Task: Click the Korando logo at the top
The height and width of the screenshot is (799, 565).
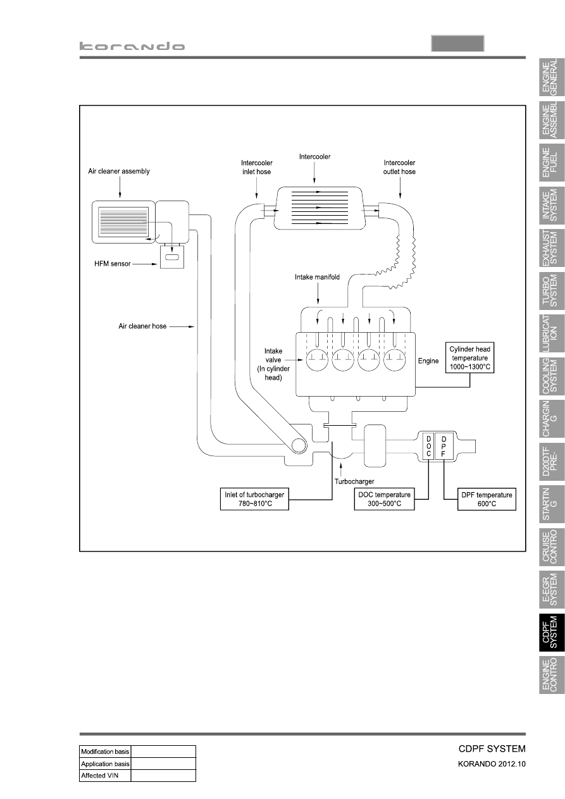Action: coord(132,46)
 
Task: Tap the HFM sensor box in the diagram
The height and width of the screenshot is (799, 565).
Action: coord(172,257)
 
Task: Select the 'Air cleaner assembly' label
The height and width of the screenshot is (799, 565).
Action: coord(119,171)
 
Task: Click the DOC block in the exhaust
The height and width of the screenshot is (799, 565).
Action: coord(428,446)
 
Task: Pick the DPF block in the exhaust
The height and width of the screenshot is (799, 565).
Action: coord(444,446)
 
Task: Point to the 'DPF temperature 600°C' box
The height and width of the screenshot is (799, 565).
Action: coord(487,499)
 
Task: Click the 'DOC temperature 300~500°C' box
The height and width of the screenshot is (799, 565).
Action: coord(384,499)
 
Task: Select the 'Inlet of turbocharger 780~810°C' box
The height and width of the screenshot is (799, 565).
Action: coord(254,499)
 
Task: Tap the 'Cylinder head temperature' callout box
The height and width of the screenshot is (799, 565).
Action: coord(469,358)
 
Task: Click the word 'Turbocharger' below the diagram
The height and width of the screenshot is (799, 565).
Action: coord(354,481)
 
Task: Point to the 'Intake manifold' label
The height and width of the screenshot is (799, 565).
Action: coord(317,277)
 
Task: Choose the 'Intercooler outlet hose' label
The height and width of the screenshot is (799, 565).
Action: coord(399,167)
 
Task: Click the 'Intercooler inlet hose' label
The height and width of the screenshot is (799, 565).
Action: coord(256,167)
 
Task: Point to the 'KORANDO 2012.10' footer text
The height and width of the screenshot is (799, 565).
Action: coord(492,764)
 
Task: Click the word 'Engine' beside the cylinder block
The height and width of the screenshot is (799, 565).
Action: coord(428,361)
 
